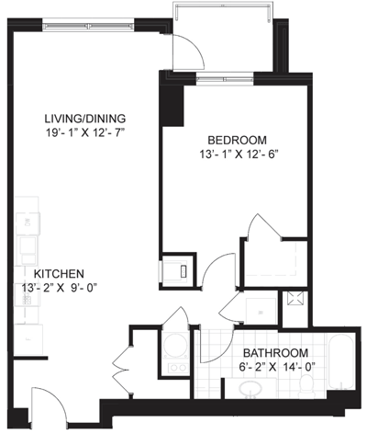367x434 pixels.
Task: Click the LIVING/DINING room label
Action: [85, 119]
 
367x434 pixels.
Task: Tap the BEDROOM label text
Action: [238, 140]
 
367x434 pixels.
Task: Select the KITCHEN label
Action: [59, 273]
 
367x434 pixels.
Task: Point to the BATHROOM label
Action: [275, 353]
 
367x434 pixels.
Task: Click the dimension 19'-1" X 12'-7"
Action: [86, 132]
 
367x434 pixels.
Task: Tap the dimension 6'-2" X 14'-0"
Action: [277, 367]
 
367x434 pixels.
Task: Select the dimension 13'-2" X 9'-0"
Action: [60, 288]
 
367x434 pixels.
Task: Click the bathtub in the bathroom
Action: [341, 363]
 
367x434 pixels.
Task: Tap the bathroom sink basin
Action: [250, 389]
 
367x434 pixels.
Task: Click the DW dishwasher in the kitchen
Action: [28, 223]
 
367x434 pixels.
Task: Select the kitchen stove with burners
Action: [27, 295]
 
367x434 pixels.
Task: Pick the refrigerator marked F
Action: [28, 339]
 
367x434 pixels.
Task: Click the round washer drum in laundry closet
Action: [176, 345]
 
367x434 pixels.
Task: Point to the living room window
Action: [88, 27]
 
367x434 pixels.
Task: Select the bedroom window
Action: [225, 79]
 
